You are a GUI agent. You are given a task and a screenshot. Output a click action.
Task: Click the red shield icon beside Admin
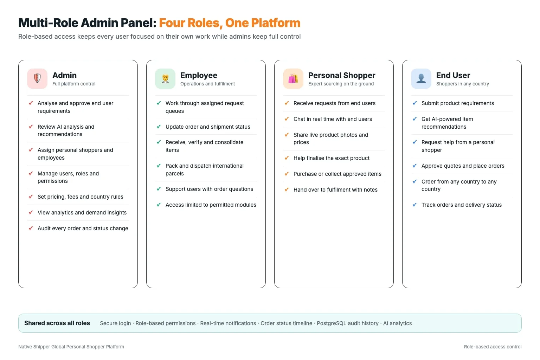[x=37, y=79]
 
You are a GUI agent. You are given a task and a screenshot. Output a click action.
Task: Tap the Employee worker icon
[x=165, y=79]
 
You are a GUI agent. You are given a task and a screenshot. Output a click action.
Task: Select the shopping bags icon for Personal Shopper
[x=293, y=79]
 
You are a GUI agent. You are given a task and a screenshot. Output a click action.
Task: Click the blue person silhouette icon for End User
[x=421, y=79]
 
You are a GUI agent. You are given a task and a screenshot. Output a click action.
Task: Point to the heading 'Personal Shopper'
[x=342, y=75]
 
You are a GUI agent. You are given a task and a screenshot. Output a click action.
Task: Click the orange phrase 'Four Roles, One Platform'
[x=230, y=23]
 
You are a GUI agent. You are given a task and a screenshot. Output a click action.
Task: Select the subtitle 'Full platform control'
[x=74, y=84]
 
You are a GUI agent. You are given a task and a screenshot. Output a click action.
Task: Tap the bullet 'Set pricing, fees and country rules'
[x=80, y=197]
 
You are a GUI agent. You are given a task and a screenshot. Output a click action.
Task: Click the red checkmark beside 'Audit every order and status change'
[x=31, y=228]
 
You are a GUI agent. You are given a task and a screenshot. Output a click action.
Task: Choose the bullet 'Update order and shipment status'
[x=208, y=127]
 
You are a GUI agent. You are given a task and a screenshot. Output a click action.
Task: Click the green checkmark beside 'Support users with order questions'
[x=159, y=189]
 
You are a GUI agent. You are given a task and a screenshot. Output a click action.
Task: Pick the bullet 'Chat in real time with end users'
[x=333, y=119]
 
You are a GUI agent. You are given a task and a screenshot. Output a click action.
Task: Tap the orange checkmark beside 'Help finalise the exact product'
[x=287, y=158]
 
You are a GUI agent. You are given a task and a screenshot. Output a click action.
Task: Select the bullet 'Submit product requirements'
[x=457, y=103]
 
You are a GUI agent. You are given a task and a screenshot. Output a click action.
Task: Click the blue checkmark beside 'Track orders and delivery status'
[x=414, y=205]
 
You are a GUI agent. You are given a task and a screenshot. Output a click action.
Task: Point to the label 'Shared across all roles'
[x=57, y=323]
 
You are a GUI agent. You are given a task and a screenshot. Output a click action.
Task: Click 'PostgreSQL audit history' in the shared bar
[x=348, y=323]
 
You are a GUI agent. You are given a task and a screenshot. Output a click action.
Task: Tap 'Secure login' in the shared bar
[x=115, y=323]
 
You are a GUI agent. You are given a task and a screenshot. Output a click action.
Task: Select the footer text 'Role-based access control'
[x=493, y=347]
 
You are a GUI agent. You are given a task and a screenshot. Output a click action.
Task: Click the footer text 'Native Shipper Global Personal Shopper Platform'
[x=71, y=347]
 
